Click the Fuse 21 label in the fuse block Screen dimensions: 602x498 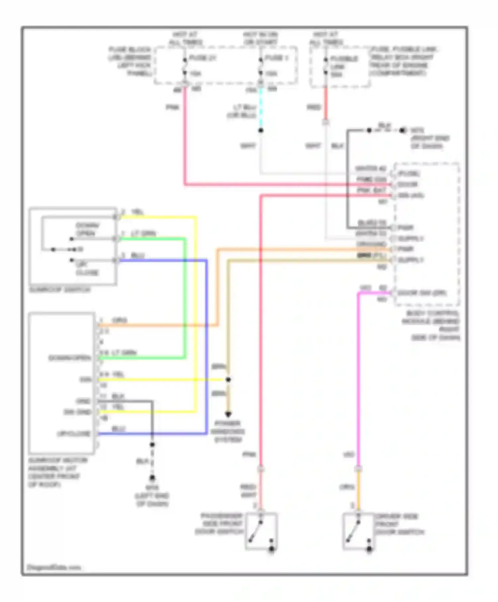(202, 58)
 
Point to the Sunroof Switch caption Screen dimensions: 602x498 (60, 290)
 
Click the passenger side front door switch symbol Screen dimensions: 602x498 (261, 531)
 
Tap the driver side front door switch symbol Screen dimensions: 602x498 (358, 531)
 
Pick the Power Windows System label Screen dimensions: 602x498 (228, 431)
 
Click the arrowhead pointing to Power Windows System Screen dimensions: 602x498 (228, 414)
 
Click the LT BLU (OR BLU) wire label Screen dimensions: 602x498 (244, 112)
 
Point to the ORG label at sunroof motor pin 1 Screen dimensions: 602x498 (120, 320)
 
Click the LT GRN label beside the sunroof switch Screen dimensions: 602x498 (143, 234)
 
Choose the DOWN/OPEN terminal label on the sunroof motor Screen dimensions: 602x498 (70, 358)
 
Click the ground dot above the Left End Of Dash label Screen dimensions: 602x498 (152, 478)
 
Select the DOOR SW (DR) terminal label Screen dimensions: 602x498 (422, 293)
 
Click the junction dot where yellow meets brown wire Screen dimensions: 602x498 (228, 379)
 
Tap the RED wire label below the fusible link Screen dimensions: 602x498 (314, 107)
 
